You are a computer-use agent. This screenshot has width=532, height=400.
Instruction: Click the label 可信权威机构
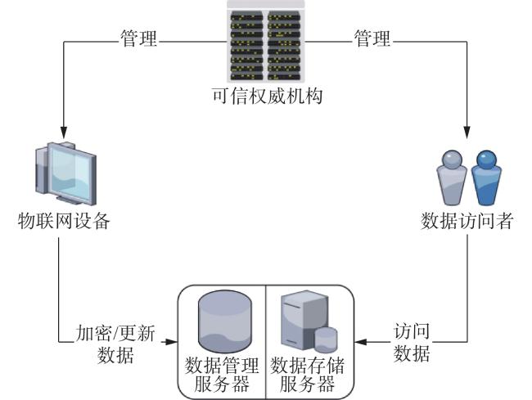[x=268, y=96]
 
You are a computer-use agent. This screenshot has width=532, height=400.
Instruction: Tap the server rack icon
[x=266, y=42]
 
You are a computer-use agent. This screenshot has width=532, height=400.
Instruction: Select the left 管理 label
[x=139, y=38]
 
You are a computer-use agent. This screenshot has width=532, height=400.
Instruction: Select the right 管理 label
[x=372, y=38]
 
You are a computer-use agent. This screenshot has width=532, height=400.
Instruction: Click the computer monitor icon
[x=65, y=173]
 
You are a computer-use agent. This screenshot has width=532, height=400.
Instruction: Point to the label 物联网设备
[x=64, y=221]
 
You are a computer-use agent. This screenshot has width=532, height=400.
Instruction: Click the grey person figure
[x=451, y=178]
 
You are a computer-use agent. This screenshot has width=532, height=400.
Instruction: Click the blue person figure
[x=486, y=178]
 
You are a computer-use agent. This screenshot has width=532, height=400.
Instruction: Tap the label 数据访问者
[x=467, y=221]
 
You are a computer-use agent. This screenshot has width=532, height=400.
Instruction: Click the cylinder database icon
[x=225, y=321]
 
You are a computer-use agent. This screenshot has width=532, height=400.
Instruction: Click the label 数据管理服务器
[x=222, y=375]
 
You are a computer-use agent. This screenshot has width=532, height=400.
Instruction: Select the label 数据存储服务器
[x=308, y=375]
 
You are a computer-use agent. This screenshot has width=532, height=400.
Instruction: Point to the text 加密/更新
[x=115, y=333]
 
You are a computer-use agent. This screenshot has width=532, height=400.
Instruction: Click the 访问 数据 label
[x=412, y=343]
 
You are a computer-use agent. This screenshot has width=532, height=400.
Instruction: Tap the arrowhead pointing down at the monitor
[x=64, y=133]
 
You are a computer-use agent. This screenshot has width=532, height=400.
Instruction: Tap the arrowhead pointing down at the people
[x=467, y=133]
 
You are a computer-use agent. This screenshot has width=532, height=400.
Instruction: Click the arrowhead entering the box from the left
[x=172, y=342]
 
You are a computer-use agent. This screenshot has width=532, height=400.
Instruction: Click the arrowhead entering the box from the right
[x=361, y=342]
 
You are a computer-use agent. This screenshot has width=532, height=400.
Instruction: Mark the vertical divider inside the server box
[x=266, y=342]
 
